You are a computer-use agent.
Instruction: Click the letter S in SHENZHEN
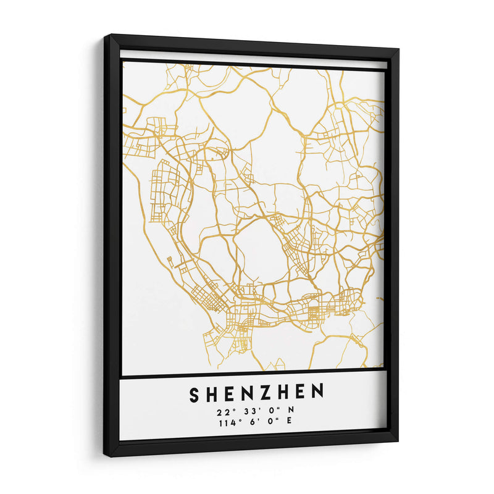194,393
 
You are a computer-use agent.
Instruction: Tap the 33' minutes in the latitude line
246,411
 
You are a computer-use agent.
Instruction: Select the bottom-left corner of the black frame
106,456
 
